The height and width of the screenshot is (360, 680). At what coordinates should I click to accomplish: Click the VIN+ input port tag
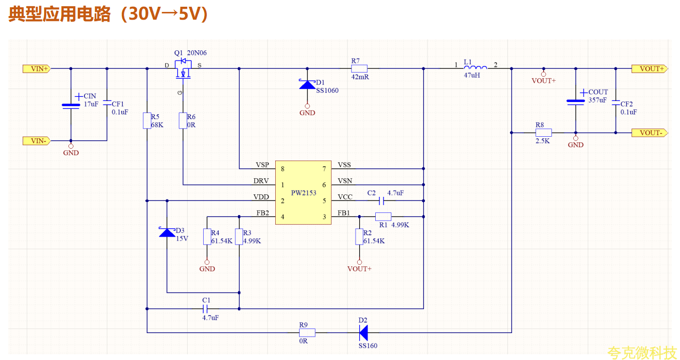tap(36, 69)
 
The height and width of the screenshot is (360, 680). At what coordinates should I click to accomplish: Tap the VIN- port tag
tap(36, 141)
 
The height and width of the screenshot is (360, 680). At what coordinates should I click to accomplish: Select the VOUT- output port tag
tap(649, 133)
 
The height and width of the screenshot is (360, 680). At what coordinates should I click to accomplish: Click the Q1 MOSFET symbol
tap(183, 69)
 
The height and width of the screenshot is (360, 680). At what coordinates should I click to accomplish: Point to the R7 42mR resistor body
tap(359, 68)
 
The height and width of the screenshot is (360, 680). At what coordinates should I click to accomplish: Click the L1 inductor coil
tap(475, 68)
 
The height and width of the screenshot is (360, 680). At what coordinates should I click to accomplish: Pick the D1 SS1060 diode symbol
tap(307, 85)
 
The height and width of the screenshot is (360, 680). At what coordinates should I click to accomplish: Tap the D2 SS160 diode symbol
tap(363, 333)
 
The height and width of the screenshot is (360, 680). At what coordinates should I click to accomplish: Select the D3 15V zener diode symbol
tap(167, 233)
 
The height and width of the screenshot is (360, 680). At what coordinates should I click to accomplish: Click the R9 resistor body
tap(307, 333)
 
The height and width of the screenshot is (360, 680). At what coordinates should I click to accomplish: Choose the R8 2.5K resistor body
tap(543, 133)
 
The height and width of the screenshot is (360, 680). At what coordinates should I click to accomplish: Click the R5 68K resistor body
tap(147, 121)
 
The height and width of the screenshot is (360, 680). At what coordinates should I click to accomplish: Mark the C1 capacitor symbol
tap(205, 309)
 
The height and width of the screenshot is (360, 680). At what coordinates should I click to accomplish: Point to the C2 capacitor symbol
tap(382, 201)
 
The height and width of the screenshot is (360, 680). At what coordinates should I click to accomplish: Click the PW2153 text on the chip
tap(304, 193)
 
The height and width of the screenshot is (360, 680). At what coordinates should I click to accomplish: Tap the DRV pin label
tap(261, 181)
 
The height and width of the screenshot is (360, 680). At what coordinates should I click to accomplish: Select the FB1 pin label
tap(344, 213)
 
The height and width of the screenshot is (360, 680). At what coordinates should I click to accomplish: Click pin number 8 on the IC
tap(282, 169)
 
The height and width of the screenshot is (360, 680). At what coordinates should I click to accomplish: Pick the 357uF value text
tap(598, 100)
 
